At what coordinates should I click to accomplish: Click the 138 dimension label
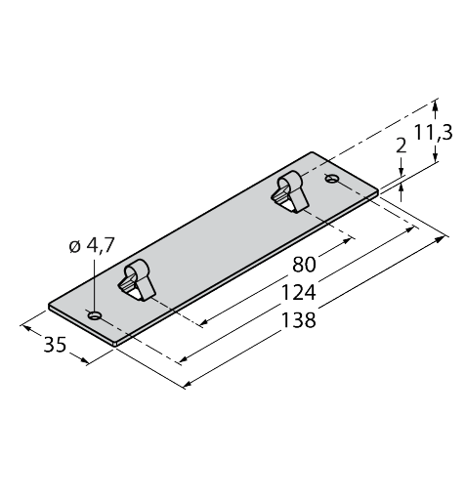coord(298,319)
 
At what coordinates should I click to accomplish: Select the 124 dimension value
coord(298,292)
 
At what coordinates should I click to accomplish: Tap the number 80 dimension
coord(304,265)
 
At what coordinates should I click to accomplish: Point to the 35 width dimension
coord(55,345)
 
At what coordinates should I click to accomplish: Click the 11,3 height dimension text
coord(434,133)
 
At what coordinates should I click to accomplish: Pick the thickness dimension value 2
coord(401,146)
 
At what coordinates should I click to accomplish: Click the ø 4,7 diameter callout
coord(92,245)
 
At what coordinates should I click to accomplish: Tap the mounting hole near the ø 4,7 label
coord(96,315)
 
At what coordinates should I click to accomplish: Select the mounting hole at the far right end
coord(332,178)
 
